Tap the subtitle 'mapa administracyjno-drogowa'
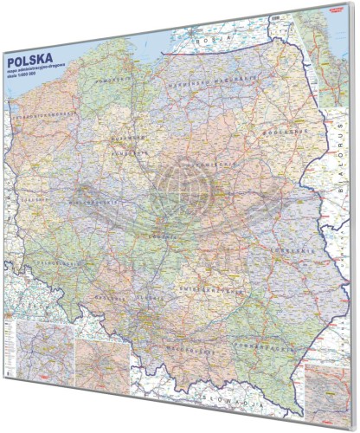tap(35, 74)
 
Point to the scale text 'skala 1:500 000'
tap(27, 81)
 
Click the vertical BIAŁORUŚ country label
tap(338, 157)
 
